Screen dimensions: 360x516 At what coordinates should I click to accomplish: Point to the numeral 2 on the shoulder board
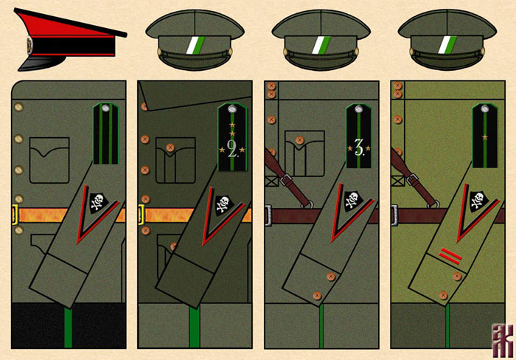click(x=232, y=150)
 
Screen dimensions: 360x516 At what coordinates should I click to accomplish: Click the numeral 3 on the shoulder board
click(x=359, y=148)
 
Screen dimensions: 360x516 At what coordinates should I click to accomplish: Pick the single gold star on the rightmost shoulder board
click(x=485, y=137)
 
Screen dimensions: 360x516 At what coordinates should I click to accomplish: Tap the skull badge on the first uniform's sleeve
click(x=96, y=201)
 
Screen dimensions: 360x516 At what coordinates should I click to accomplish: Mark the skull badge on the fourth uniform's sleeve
click(x=476, y=200)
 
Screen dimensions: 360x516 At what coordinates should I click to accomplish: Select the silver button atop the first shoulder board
click(x=105, y=108)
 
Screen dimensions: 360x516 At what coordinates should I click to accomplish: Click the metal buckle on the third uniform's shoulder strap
click(x=283, y=179)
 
